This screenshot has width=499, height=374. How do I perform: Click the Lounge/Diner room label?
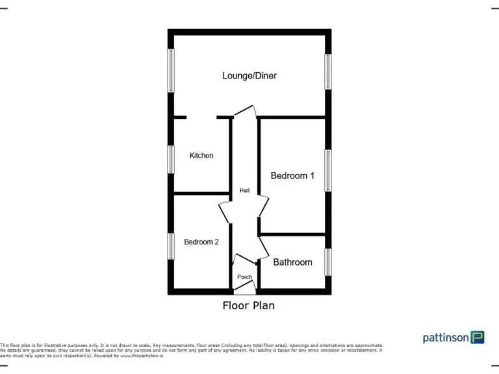tap(249, 76)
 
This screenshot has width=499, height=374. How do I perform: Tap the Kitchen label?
tap(201, 156)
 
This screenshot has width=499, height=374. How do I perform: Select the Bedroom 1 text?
tap(292, 175)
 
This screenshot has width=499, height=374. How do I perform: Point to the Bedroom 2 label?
tap(201, 242)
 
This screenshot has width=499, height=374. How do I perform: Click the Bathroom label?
tap(292, 262)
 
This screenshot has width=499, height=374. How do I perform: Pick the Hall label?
tap(245, 191)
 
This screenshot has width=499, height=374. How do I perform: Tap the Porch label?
tap(244, 277)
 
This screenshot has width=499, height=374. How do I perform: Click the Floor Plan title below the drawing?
tap(249, 305)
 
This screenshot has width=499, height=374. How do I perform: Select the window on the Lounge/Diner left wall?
tap(172, 71)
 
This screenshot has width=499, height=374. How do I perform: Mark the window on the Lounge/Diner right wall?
tap(328, 71)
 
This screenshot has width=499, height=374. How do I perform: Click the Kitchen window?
tap(172, 159)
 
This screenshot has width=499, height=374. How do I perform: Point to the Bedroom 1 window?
tap(328, 171)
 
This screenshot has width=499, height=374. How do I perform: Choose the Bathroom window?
tap(328, 262)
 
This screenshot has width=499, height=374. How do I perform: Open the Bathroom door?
tap(264, 247)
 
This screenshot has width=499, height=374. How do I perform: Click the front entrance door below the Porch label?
tap(245, 291)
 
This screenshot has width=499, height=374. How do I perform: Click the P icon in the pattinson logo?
tap(478, 338)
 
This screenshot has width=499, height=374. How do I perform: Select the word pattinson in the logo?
tap(446, 338)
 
